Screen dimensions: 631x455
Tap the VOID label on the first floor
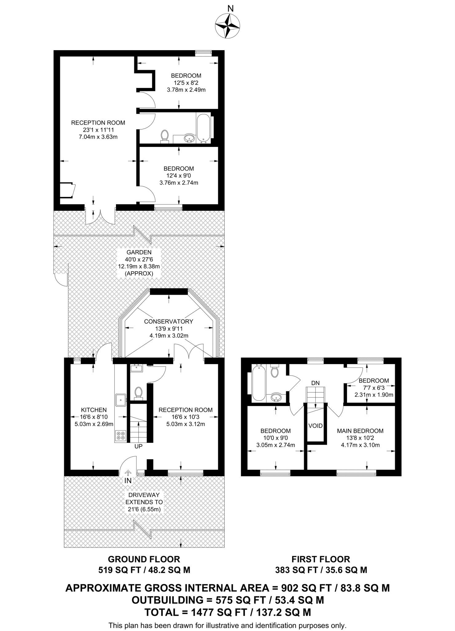coord(315,426)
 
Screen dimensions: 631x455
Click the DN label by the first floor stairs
coord(315,383)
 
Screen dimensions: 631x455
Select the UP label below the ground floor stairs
coord(138,446)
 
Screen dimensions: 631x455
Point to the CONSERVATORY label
coord(169,321)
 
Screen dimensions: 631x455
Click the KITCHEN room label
coord(94,410)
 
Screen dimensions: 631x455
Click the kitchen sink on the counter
coord(121,400)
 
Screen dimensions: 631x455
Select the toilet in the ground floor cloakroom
coord(138,393)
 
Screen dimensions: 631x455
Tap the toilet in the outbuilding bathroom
coord(165,136)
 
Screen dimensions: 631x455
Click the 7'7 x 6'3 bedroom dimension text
coord(374,388)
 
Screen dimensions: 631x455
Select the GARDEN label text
coord(139,252)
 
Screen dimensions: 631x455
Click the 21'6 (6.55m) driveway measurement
coord(144,509)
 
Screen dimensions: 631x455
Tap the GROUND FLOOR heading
coord(144,559)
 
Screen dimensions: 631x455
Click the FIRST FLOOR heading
coord(321,559)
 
